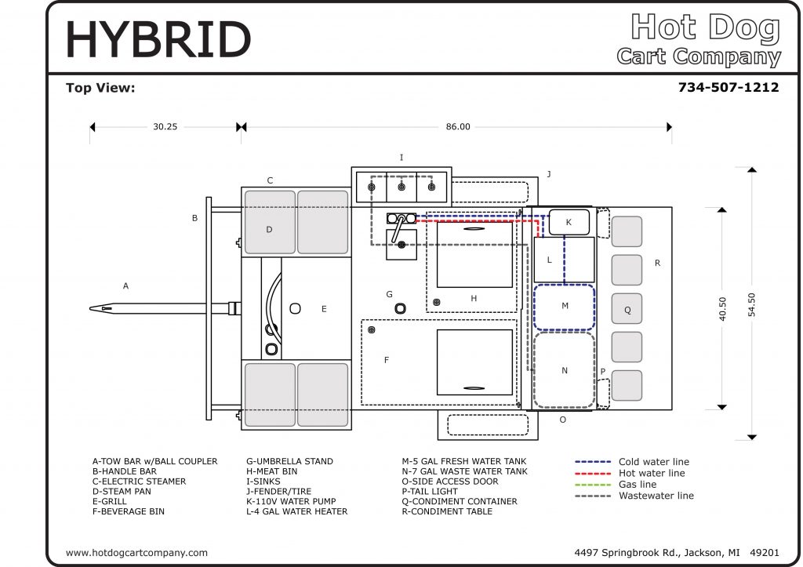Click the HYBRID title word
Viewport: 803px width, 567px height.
[158, 40]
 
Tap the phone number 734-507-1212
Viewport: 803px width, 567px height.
[729, 88]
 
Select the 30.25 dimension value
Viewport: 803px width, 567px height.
[165, 126]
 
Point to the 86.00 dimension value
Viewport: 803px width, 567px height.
[458, 126]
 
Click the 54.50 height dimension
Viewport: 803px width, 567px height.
[752, 305]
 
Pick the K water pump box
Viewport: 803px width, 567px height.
[569, 222]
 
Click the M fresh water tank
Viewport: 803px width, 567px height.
[565, 307]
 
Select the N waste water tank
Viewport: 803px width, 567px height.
[565, 370]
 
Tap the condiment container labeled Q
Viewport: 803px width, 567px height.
[627, 309]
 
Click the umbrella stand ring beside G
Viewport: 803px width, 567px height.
[401, 308]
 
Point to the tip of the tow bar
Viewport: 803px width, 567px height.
[90, 308]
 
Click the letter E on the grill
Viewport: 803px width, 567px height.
[324, 309]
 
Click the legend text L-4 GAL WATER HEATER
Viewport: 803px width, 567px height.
[297, 511]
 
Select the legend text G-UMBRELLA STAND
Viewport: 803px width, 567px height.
[290, 461]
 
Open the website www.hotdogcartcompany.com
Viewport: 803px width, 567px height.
[136, 553]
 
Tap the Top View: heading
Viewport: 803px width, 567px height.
[100, 88]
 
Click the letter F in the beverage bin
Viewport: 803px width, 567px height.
[387, 360]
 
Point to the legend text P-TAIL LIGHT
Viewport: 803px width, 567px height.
[430, 491]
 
